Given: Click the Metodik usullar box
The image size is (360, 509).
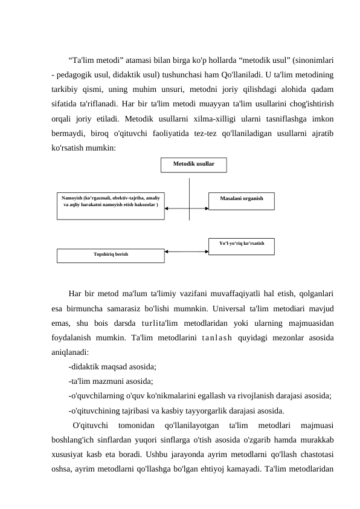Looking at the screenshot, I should (x=193, y=164).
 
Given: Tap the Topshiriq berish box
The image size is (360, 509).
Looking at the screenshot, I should (x=111, y=255).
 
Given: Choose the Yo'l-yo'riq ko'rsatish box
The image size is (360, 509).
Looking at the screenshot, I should (x=241, y=245).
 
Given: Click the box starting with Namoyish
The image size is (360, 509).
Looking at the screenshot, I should (x=111, y=206).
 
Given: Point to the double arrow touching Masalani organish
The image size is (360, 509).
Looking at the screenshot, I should (x=186, y=209).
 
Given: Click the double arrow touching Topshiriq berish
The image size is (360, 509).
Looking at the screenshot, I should (x=186, y=251).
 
